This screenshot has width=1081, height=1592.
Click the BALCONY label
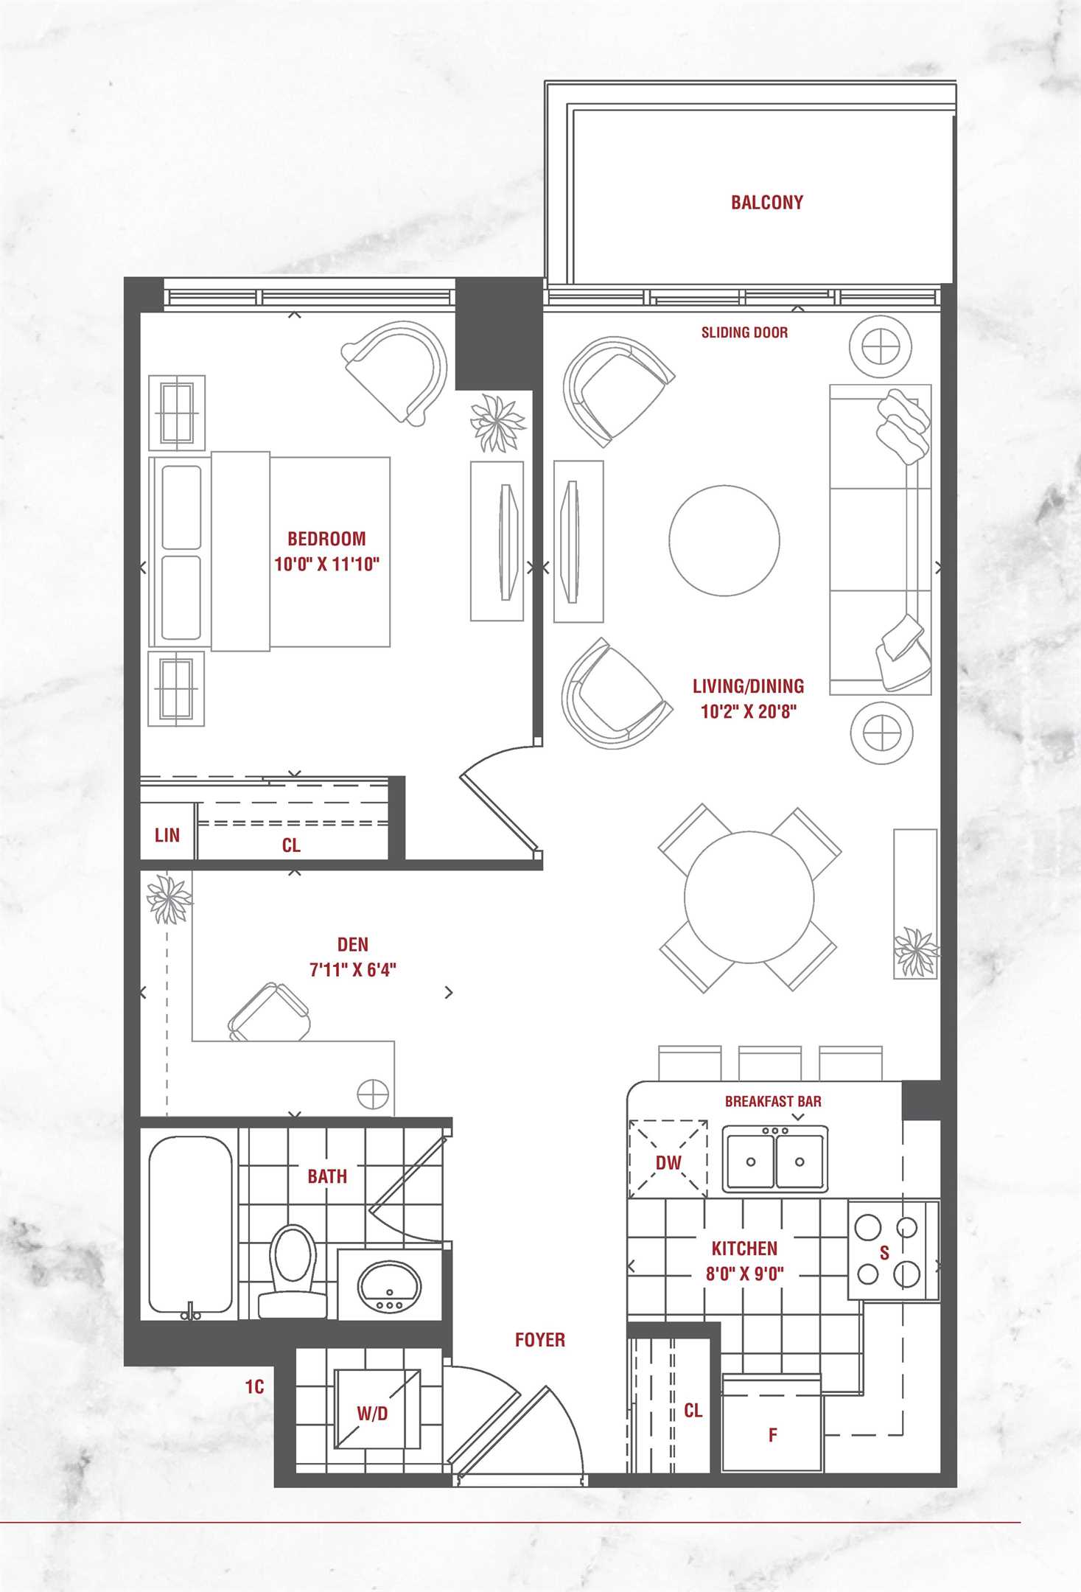(766, 203)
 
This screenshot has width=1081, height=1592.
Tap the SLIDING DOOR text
(744, 332)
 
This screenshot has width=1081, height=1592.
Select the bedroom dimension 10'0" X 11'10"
(326, 565)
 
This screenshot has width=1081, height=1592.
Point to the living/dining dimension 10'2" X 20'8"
(749, 711)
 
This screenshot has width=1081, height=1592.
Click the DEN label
(352, 944)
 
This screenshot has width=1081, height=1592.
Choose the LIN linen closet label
(167, 835)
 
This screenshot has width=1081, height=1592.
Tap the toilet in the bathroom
(293, 1271)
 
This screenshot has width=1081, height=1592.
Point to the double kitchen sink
(774, 1159)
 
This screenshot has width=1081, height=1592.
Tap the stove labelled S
(893, 1251)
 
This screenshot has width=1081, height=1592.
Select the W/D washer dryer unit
(377, 1408)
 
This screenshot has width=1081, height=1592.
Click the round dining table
(749, 897)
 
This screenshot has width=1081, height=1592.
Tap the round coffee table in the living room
(724, 540)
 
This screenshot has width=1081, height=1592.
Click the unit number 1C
(254, 1387)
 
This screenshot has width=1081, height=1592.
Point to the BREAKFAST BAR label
(773, 1101)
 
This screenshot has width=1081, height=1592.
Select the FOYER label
(540, 1340)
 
